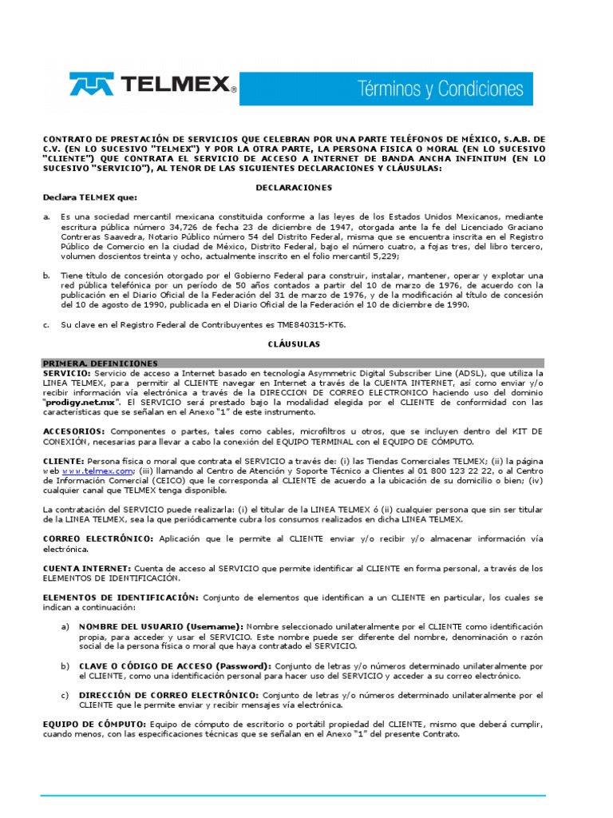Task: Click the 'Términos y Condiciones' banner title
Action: (x=440, y=88)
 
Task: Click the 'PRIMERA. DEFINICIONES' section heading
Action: (x=101, y=363)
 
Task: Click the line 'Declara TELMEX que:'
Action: (x=78, y=197)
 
